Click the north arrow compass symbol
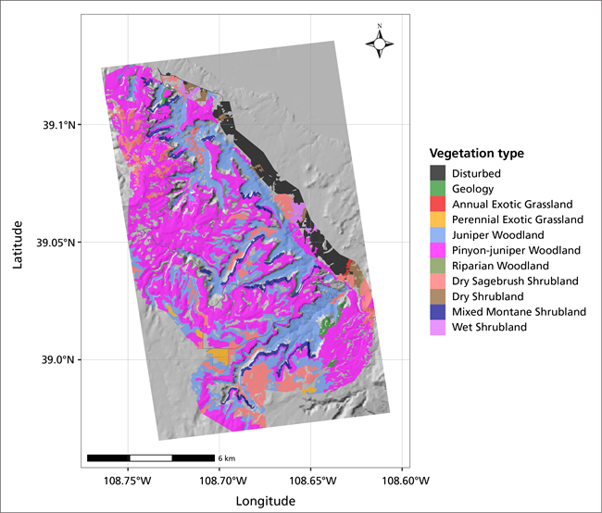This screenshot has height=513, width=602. point(380,42)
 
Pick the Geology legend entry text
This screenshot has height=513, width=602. point(473,189)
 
